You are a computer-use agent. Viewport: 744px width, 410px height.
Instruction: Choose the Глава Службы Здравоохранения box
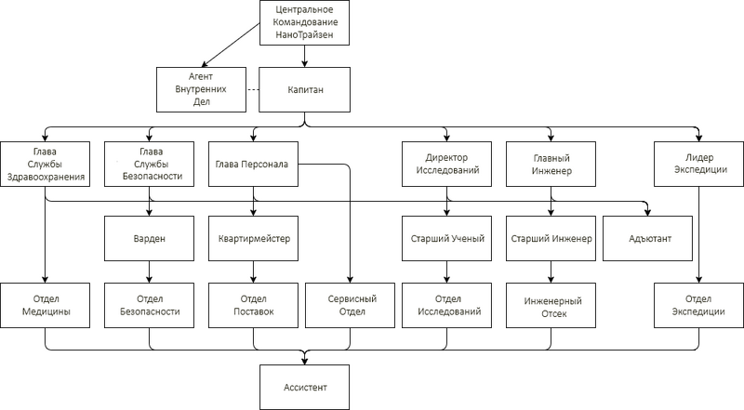coord(45,164)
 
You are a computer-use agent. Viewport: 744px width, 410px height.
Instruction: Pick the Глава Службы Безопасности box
coord(150,164)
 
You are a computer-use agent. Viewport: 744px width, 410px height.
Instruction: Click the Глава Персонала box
coord(251,164)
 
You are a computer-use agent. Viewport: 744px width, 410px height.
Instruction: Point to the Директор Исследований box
coord(445,164)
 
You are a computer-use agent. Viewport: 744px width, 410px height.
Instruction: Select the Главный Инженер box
coord(550,164)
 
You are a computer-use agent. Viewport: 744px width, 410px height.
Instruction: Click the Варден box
coord(150,239)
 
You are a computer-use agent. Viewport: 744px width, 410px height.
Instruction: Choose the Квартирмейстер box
coord(251,239)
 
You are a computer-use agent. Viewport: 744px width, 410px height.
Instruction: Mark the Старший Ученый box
coord(445,239)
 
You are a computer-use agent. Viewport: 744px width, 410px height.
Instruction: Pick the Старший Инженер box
coord(550,239)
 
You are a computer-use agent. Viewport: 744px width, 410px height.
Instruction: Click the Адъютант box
coord(650,239)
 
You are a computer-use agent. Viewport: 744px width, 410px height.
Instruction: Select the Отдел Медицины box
coord(45,305)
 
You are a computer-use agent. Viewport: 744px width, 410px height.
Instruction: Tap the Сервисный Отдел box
coord(352,305)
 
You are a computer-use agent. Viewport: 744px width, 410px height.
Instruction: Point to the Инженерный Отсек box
coord(550,307)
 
